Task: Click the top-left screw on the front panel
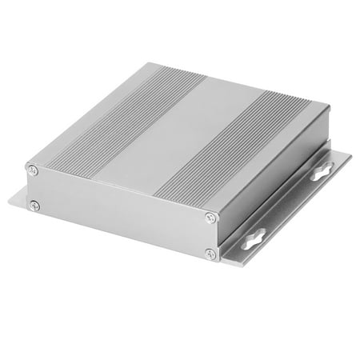pyautogui.click(x=32, y=169)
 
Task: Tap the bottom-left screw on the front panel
pyautogui.click(x=34, y=206)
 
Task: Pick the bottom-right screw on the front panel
pyautogui.click(x=210, y=254)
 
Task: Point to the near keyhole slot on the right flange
pyautogui.click(x=255, y=238)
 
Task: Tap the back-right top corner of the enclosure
pyautogui.click(x=330, y=105)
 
